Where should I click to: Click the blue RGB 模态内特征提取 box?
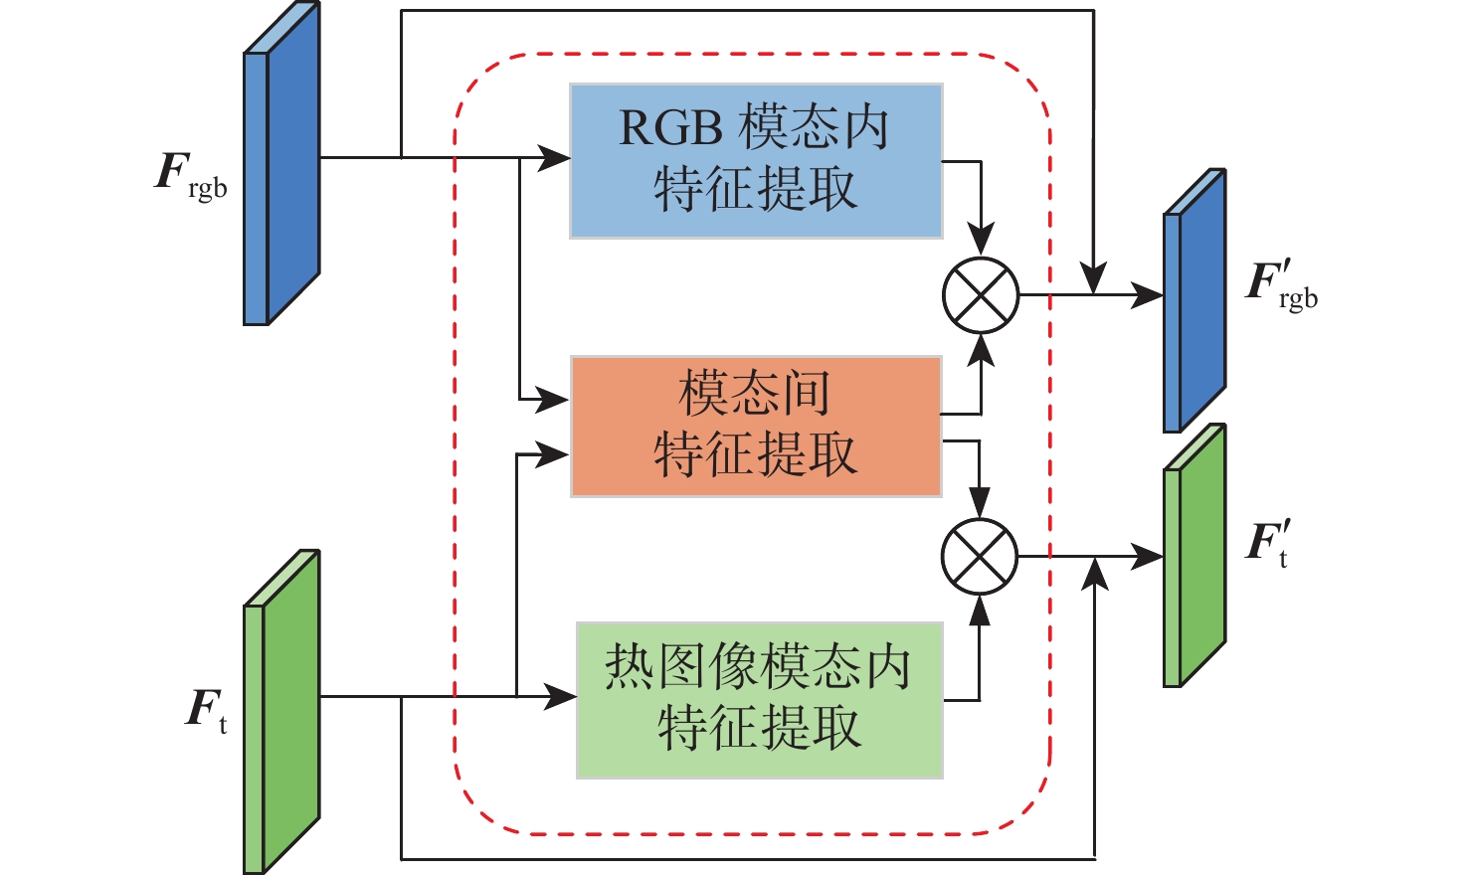(756, 161)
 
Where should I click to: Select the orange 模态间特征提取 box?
(756, 426)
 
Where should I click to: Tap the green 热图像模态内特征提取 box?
(760, 700)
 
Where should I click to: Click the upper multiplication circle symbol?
(981, 295)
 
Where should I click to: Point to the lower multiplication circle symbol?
(980, 556)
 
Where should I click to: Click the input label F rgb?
(192, 174)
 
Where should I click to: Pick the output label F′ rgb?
(1281, 285)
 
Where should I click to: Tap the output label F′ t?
(1268, 545)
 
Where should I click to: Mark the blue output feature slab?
(1194, 300)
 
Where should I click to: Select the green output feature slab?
(1194, 557)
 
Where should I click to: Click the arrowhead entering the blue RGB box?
(555, 157)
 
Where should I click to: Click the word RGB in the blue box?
(668, 129)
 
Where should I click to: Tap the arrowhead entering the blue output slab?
(1149, 295)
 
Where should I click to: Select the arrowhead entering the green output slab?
(1149, 556)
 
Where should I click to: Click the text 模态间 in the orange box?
(755, 394)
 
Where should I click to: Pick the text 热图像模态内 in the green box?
(759, 667)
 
